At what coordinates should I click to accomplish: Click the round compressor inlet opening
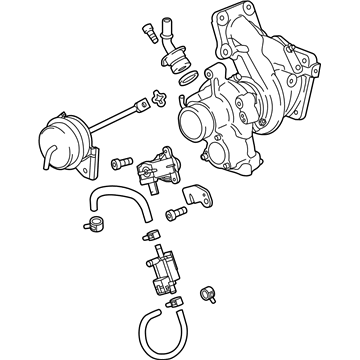(x=194, y=125)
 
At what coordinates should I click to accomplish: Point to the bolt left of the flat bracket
(x=176, y=213)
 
